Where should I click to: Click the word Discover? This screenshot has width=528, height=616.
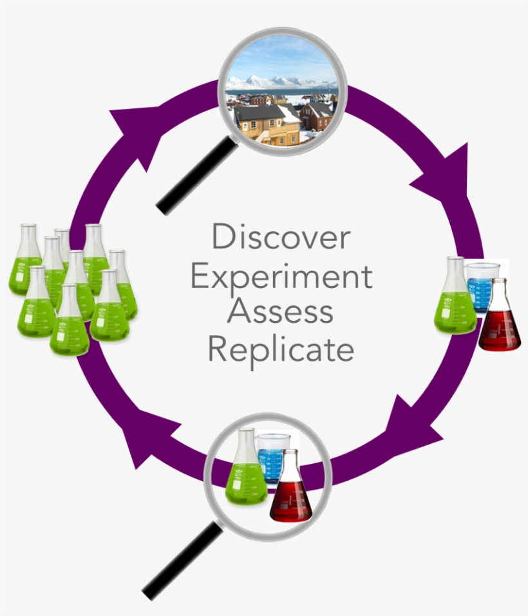point(281,237)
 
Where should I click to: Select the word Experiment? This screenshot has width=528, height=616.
point(281,276)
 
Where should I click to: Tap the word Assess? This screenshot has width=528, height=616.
point(281,312)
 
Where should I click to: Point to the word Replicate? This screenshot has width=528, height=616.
point(281,350)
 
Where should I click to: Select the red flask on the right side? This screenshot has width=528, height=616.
point(500,322)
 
